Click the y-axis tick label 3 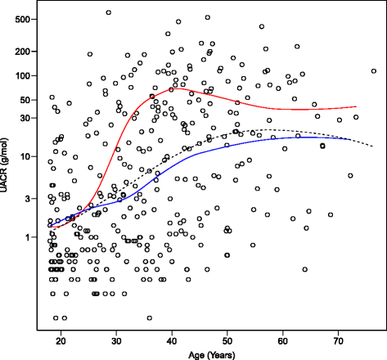pyautogui.click(x=29, y=199)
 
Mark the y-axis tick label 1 pyautogui.click(x=29, y=237)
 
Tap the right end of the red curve pyautogui.click(x=357, y=106)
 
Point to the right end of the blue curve pyautogui.click(x=350, y=140)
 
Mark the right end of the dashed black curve pyautogui.click(x=358, y=146)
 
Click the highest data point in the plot pyautogui.click(x=109, y=12)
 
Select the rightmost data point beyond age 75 pyautogui.click(x=373, y=71)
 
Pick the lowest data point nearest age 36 pyautogui.click(x=149, y=318)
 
